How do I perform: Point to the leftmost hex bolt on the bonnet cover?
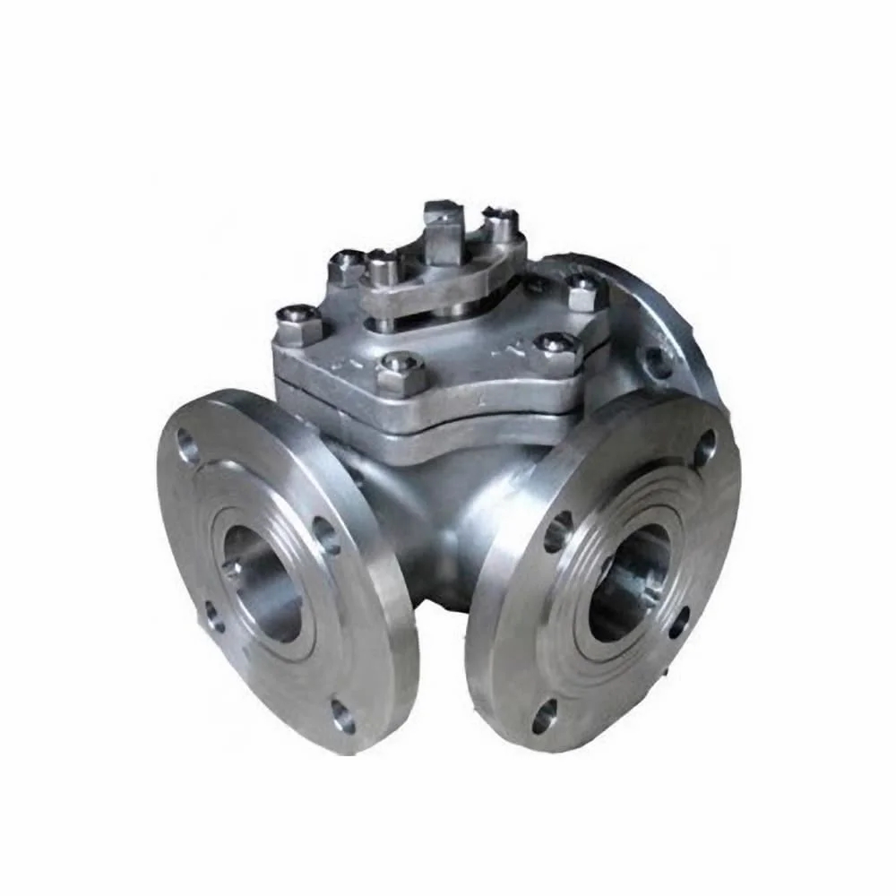coord(297,323)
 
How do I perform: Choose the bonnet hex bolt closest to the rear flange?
coord(583,291)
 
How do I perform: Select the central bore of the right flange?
coord(630,582)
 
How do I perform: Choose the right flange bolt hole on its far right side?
coord(679,622)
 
